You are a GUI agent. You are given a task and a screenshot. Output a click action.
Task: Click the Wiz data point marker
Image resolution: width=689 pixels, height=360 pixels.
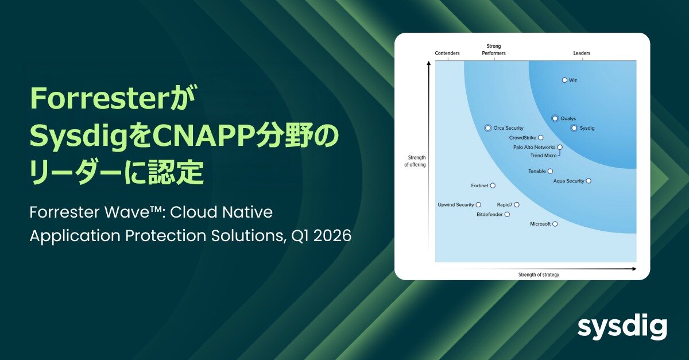(x=564, y=80)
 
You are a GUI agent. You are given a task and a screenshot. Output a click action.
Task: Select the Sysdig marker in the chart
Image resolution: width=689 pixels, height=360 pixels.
(x=574, y=128)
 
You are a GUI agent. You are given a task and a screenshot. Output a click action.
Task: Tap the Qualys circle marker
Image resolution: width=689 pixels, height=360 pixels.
(x=555, y=118)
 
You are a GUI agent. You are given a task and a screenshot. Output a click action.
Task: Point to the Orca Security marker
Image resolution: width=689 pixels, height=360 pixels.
(x=487, y=128)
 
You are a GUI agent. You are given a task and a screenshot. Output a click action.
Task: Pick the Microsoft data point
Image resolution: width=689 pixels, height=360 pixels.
(x=555, y=224)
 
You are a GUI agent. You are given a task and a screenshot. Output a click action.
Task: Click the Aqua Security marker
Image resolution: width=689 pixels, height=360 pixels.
(x=589, y=181)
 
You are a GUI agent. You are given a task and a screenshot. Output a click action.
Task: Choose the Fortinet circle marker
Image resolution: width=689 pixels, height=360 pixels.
(x=493, y=185)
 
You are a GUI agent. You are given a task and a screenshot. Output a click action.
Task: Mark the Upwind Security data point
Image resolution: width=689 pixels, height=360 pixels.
(x=478, y=204)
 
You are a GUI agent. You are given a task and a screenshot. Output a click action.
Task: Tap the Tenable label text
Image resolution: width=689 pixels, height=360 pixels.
(x=537, y=171)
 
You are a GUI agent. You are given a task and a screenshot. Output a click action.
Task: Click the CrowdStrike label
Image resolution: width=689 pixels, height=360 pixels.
(x=522, y=138)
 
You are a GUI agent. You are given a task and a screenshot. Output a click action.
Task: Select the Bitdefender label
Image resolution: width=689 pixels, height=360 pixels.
(x=489, y=214)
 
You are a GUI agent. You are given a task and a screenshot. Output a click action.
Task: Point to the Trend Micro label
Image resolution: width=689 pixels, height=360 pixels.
(x=543, y=156)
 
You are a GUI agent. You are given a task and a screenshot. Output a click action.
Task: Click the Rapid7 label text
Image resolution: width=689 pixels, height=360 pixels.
(x=505, y=204)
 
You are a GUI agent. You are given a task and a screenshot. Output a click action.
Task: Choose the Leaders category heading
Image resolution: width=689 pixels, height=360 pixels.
(x=582, y=53)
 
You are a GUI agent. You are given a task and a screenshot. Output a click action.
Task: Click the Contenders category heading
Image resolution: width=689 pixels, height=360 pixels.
(x=447, y=53)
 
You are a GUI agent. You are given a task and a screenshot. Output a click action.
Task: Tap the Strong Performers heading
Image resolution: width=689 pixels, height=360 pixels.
(x=493, y=50)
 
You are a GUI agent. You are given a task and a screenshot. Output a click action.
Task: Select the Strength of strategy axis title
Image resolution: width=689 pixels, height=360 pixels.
(x=539, y=275)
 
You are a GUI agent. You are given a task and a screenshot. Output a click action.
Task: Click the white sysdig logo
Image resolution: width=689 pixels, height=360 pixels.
(x=622, y=328)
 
